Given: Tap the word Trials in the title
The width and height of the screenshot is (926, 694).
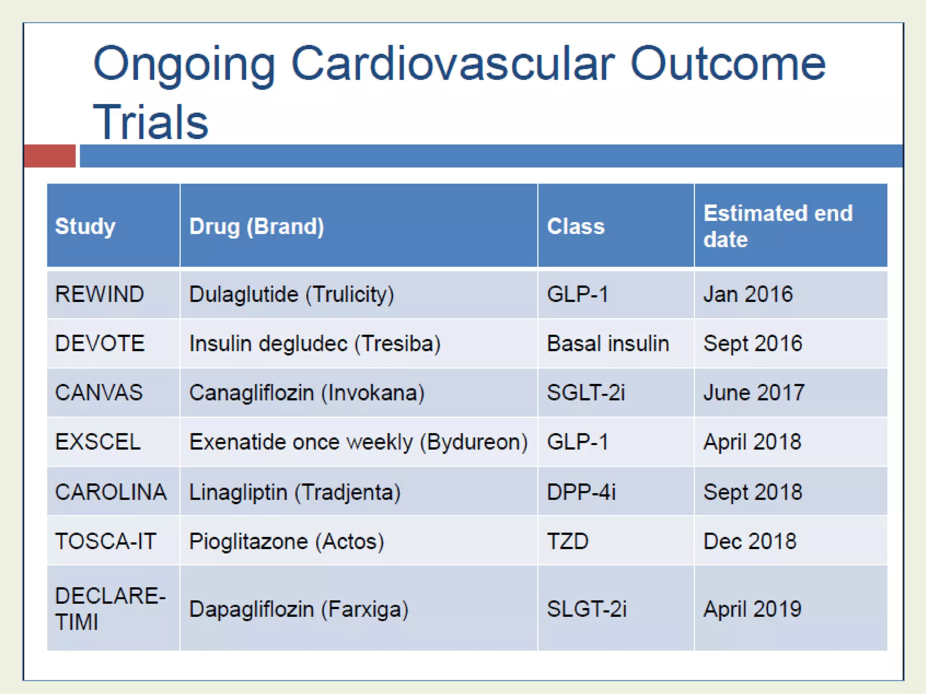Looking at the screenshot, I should click(151, 122).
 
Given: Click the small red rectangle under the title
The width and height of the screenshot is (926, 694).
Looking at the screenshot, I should click(50, 156).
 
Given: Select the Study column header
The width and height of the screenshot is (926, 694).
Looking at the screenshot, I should click(85, 226).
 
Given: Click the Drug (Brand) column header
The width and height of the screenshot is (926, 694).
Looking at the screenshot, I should click(256, 226).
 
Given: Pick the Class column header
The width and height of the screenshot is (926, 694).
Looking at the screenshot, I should click(576, 226).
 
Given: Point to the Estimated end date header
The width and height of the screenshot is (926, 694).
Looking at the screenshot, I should click(778, 226).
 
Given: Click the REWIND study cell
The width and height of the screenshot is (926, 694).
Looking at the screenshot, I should click(99, 294).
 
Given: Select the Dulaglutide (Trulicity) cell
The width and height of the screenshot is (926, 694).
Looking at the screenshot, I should click(292, 294).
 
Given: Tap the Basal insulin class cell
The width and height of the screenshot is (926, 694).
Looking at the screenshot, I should click(608, 343).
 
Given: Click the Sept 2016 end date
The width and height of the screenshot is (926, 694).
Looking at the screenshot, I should click(753, 343).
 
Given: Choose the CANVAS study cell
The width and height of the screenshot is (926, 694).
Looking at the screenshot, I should click(99, 392).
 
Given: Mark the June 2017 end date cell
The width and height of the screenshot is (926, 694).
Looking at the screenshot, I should click(754, 392).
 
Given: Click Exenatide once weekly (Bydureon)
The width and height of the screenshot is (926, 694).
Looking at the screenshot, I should click(358, 442).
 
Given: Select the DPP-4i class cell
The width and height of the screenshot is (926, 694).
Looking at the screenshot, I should click(581, 492).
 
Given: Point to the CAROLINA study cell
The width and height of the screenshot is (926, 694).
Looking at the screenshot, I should click(111, 492).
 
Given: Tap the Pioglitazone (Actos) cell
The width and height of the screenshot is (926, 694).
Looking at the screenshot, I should click(287, 541).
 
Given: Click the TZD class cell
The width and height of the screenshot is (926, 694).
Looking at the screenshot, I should click(567, 541).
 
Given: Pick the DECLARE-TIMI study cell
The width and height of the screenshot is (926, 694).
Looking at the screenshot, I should click(110, 608).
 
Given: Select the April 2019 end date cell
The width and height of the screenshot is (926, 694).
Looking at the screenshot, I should click(752, 609).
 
